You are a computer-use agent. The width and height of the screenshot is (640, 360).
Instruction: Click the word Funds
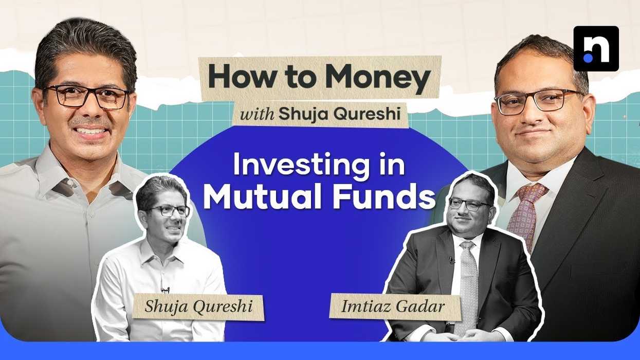pos(390,198)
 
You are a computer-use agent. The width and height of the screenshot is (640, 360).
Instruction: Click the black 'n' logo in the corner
pos(596,48)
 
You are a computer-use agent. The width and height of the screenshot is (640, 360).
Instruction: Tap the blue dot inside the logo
pos(588,58)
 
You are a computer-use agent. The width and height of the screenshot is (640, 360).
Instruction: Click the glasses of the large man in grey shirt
pos(86,97)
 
